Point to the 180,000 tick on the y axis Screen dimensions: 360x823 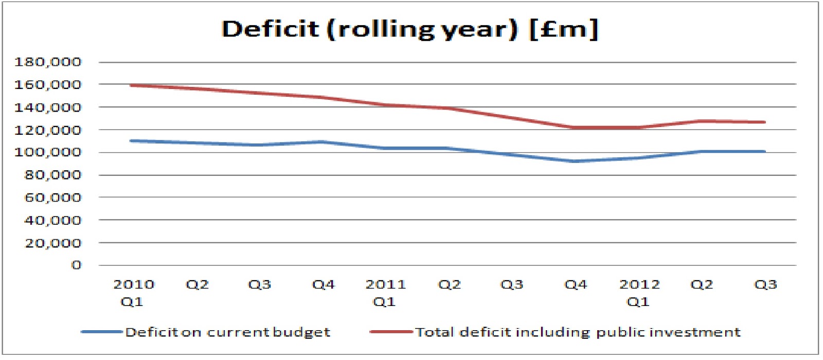(48, 62)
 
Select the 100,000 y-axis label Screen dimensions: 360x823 (48, 152)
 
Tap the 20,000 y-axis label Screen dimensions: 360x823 (53, 243)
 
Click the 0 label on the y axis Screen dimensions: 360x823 (76, 265)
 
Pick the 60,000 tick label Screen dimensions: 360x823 (53, 197)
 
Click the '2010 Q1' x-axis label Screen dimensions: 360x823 (133, 293)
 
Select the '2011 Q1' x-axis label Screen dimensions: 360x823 (385, 293)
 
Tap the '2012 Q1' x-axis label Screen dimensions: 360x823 (639, 293)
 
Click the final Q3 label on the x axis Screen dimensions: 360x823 (765, 284)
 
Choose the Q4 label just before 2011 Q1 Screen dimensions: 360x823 (323, 284)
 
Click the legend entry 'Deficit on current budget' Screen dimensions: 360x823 (227, 332)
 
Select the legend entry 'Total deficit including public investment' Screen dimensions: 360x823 (578, 332)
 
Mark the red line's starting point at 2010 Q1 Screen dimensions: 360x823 (132, 85)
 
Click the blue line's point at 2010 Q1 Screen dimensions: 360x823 (132, 140)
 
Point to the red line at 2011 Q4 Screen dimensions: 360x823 (575, 128)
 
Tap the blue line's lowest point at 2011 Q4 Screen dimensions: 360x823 (575, 161)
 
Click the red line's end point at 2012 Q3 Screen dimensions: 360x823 (764, 122)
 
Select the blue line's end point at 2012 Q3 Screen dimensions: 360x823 (764, 152)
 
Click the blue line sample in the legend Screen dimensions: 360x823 (101, 332)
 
